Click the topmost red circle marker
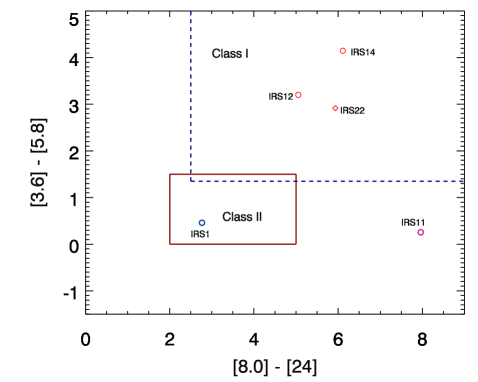[342, 51]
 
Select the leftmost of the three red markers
[298, 95]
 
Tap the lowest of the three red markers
[335, 108]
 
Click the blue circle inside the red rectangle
[202, 223]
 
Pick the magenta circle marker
[420, 232]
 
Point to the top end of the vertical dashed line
[191, 12]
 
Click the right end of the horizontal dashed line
[462, 181]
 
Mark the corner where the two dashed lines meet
[191, 181]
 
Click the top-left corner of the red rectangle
[170, 175]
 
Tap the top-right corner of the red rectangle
[296, 175]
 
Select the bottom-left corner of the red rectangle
[170, 243]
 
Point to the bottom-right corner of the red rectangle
[296, 243]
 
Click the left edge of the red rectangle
[170, 209]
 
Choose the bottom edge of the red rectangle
[233, 243]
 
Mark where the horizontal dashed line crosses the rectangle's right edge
[296, 181]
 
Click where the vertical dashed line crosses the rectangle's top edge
[191, 175]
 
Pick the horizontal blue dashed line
[380, 181]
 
